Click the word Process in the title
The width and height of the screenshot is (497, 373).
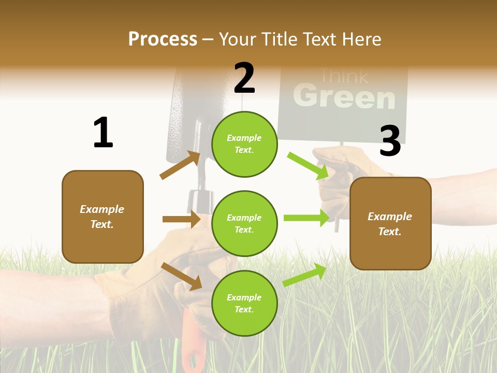click(x=163, y=39)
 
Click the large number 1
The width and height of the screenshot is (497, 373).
click(x=103, y=133)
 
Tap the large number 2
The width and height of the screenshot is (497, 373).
click(x=244, y=78)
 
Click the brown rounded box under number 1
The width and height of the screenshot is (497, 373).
click(x=103, y=217)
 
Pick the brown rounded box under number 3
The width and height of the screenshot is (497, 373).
click(x=390, y=224)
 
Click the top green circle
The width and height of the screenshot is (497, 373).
click(x=244, y=144)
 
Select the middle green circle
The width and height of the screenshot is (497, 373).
click(x=244, y=223)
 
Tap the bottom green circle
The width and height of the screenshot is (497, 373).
click(x=244, y=303)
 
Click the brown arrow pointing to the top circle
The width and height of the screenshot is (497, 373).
click(x=180, y=165)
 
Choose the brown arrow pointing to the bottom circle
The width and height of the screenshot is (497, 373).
click(x=181, y=276)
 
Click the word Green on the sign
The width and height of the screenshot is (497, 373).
click(x=344, y=97)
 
